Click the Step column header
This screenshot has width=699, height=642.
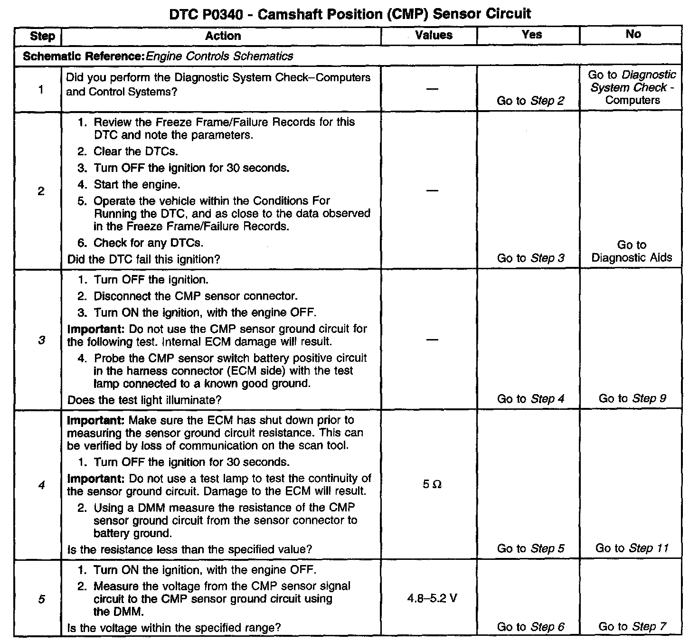[42, 36]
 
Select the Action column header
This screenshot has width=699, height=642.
[223, 36]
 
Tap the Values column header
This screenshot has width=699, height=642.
[434, 35]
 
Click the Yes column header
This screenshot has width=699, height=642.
[531, 35]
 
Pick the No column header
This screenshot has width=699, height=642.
[633, 34]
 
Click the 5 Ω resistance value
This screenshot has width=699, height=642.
[432, 485]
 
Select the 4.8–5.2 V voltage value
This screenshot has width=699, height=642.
[432, 598]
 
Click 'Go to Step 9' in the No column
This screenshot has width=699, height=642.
[633, 398]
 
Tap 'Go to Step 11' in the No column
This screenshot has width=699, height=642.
[632, 548]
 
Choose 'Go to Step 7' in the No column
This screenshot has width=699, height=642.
[633, 627]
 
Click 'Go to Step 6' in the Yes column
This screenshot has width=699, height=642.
[530, 627]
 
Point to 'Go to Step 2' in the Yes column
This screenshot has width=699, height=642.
[530, 101]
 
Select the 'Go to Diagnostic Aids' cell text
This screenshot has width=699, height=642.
[632, 251]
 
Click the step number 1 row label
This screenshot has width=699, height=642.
[41, 89]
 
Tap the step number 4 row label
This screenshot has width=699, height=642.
[41, 485]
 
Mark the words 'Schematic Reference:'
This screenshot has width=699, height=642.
[83, 57]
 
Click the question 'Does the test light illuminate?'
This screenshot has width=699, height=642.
[144, 400]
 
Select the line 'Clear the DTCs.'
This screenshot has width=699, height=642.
[135, 151]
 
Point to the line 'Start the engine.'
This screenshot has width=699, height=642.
[137, 184]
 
